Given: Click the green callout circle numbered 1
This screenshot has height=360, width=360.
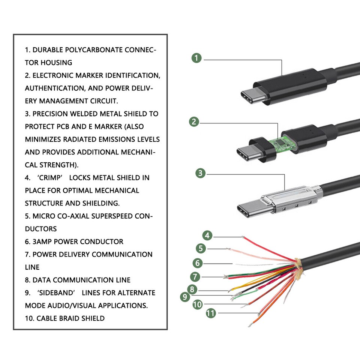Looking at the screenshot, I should pyautogui.click(x=196, y=58).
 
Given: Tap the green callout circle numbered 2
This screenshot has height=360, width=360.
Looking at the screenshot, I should pyautogui.click(x=194, y=122).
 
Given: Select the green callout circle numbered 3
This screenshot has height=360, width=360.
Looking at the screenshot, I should pyautogui.click(x=201, y=173).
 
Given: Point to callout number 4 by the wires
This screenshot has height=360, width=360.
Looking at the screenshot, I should pyautogui.click(x=207, y=235).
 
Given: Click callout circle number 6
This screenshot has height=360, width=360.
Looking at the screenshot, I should pyautogui.click(x=198, y=263).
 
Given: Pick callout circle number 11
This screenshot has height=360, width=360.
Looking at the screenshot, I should pyautogui.click(x=211, y=313).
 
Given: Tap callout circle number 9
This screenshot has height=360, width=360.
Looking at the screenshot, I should pyautogui.click(x=184, y=297).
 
